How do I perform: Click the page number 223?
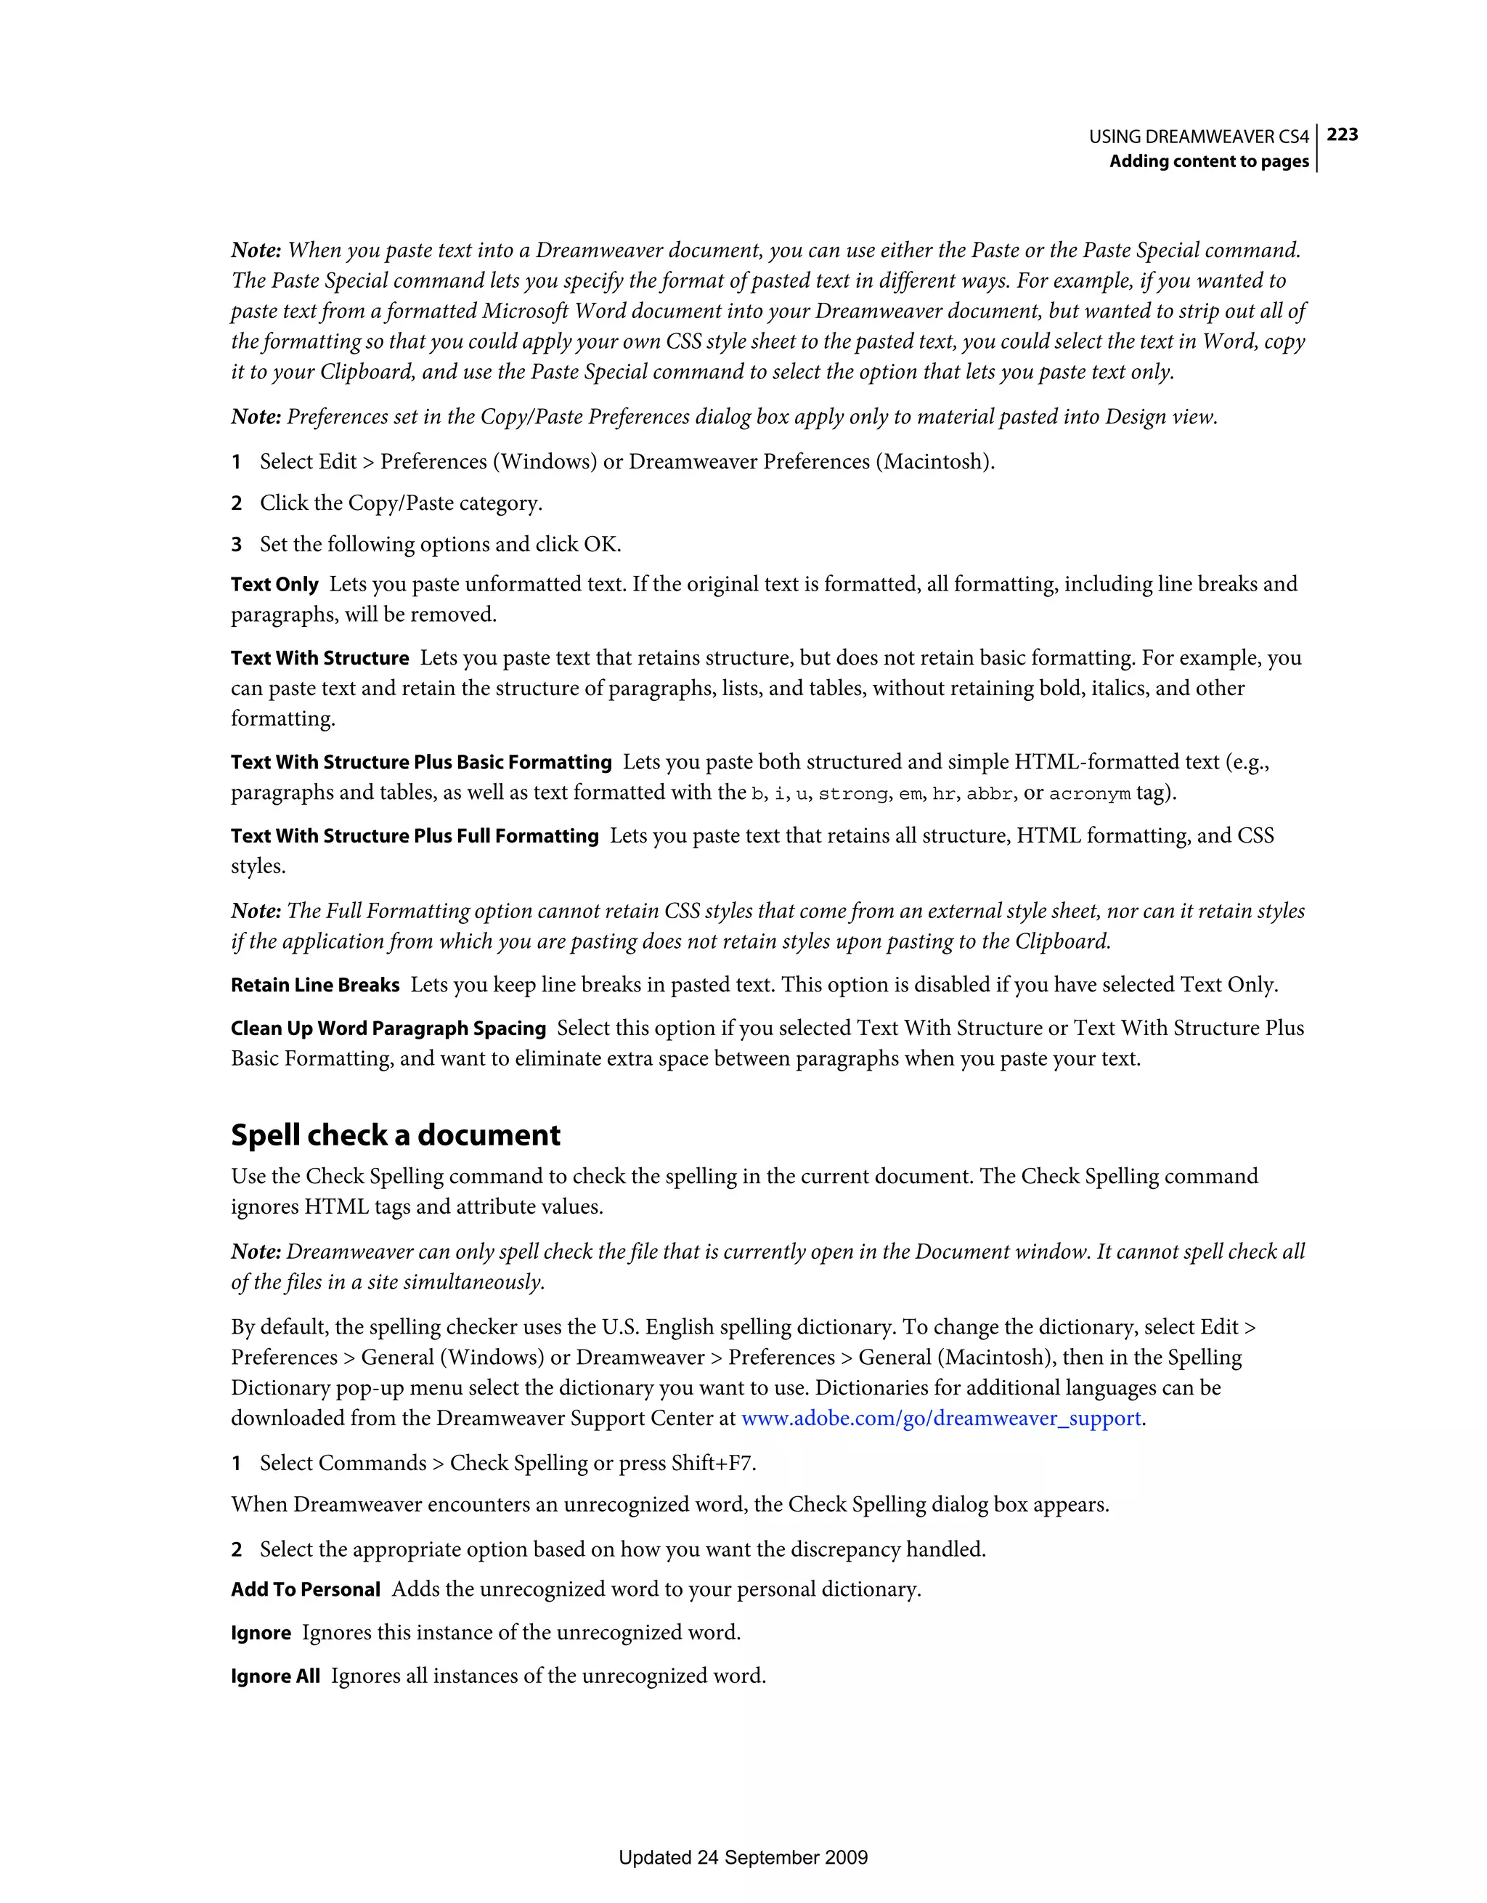click(x=1342, y=134)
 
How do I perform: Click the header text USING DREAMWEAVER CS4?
click(x=1199, y=137)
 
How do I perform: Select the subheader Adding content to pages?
click(x=1208, y=161)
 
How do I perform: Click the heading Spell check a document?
click(x=396, y=1135)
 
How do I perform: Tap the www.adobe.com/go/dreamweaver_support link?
click(x=941, y=1418)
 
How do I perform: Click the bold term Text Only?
click(x=274, y=584)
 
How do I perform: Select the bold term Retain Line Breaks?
click(x=314, y=985)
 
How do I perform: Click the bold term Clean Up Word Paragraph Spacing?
click(x=388, y=1028)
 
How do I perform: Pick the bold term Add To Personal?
click(x=305, y=1589)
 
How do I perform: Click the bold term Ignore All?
click(x=275, y=1676)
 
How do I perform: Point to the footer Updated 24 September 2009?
click(x=743, y=1857)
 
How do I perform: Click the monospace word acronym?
click(x=1089, y=794)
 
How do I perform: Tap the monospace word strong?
click(x=853, y=794)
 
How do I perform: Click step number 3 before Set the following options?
click(x=236, y=545)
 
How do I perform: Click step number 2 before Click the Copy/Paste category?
click(x=236, y=503)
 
